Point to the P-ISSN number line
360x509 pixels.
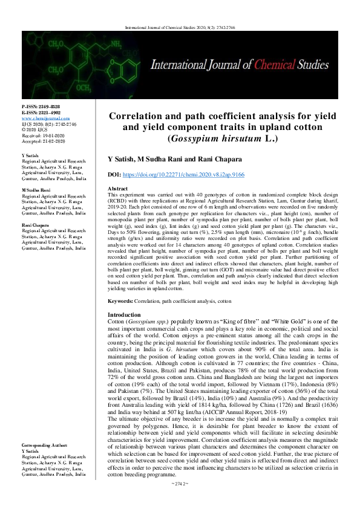point(41,106)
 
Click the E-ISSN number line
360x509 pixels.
point(41,112)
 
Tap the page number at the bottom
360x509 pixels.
point(180,501)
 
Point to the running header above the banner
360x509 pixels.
point(180,27)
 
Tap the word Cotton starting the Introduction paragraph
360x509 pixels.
point(115,322)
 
